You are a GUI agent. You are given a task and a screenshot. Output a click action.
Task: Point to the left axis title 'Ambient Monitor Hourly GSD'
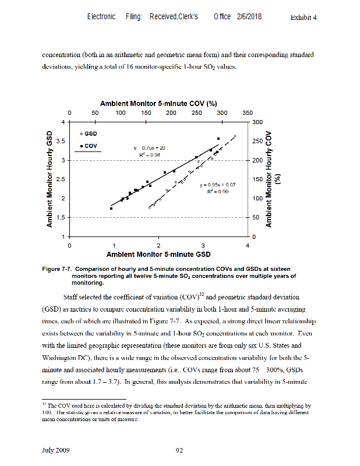coord(50,178)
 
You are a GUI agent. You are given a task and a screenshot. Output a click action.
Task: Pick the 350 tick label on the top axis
coord(248,112)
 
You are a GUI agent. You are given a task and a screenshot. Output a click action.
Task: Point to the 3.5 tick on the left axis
coord(60,141)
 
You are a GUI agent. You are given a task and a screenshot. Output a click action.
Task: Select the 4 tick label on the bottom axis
coord(248,246)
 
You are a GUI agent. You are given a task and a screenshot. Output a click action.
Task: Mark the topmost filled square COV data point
coord(218,139)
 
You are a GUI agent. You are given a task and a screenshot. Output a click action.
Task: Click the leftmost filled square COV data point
coord(111,208)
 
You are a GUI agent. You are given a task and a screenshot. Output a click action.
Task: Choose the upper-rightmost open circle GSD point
coord(235,136)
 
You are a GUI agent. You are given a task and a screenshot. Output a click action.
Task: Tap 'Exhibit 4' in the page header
coord(303,17)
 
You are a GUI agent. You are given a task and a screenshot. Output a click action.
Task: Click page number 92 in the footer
coord(180,449)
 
